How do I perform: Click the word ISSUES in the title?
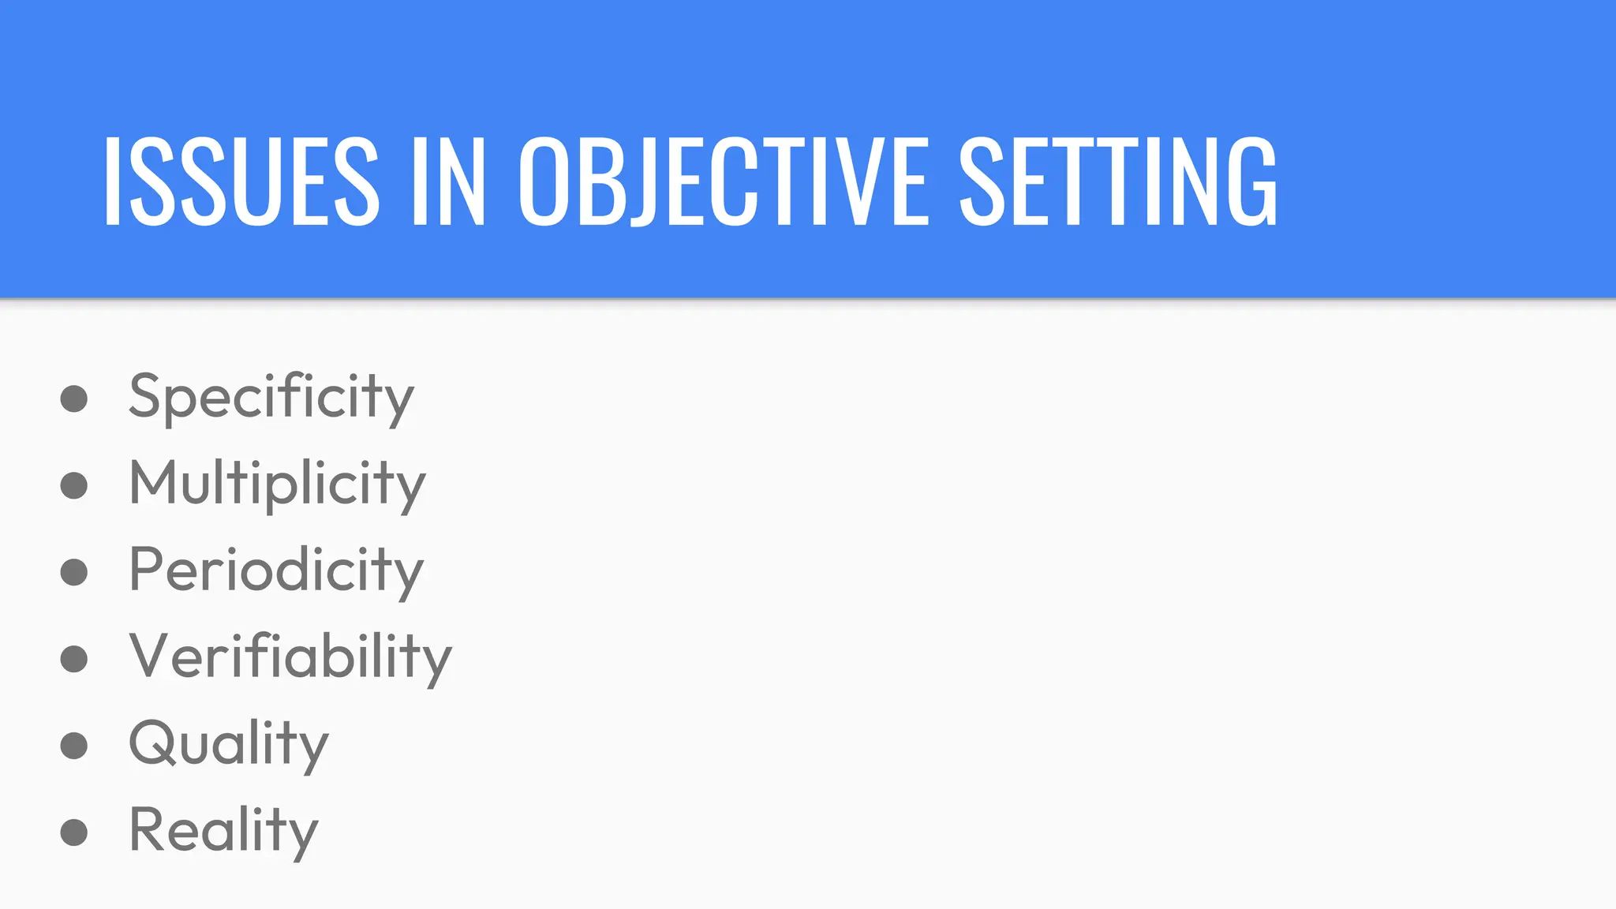[241, 181]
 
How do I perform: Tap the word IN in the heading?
[448, 181]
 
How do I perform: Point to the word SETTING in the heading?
[1118, 181]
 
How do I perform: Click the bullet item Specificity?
[271, 397]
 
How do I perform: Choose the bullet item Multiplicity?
[277, 484]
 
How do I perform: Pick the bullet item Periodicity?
[276, 570]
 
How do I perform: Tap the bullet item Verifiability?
[290, 657]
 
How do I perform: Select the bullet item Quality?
[228, 744]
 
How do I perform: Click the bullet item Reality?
[223, 831]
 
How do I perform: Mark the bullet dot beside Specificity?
[74, 398]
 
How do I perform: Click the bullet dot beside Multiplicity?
[74, 485]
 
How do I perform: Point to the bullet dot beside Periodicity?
[74, 572]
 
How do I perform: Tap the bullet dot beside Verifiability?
[74, 659]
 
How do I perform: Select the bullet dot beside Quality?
[74, 746]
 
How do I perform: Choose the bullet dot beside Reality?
[74, 832]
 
